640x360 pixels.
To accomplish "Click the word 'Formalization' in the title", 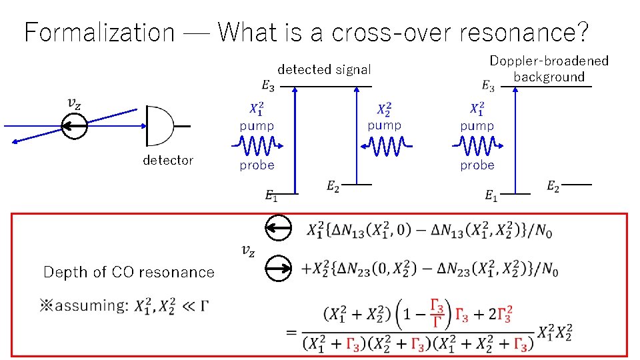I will click(99, 32).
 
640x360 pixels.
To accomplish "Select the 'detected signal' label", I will click(324, 69).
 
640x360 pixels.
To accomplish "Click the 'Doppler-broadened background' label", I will click(549, 69).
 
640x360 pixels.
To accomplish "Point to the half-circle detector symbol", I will click(159, 125).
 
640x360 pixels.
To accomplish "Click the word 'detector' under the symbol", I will click(168, 160).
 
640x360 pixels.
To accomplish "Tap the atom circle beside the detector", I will click(73, 125).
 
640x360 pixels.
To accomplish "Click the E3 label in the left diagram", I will click(267, 85).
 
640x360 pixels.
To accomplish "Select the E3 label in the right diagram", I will click(488, 86).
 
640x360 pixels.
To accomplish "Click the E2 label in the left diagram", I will click(333, 187).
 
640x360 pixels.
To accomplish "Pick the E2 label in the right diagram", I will click(553, 187).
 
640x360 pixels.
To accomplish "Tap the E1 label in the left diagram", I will click(271, 196).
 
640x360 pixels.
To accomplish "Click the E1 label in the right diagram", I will click(491, 196).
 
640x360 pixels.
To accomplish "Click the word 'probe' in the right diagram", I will click(477, 165).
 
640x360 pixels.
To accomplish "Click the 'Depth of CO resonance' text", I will click(129, 272).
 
